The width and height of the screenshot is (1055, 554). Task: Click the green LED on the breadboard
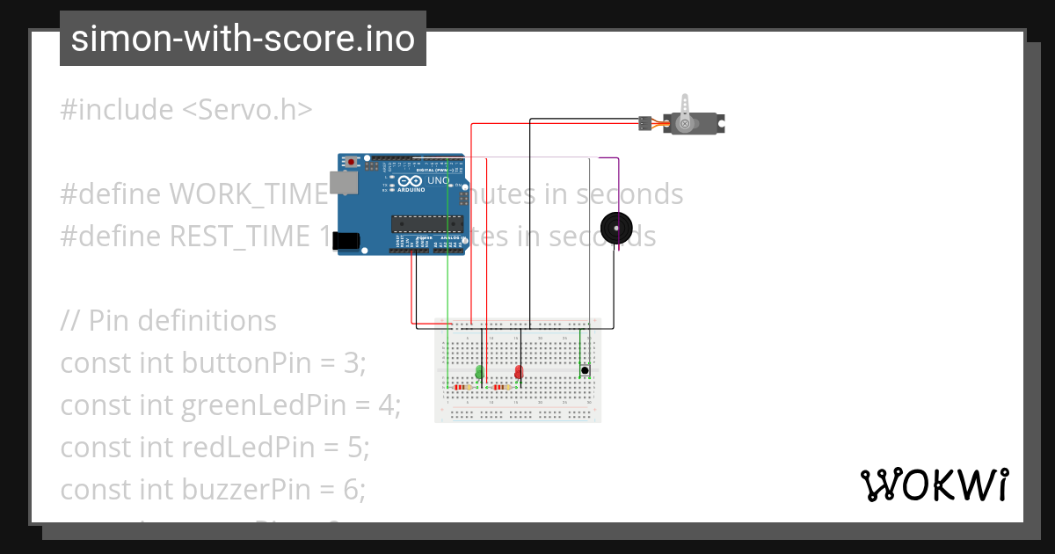(x=479, y=372)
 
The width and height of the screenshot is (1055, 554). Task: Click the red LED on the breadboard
(x=519, y=372)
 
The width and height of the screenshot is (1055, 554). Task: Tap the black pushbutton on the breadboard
(x=585, y=370)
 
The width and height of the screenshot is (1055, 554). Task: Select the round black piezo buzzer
(x=616, y=229)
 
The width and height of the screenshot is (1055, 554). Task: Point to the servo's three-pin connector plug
(x=645, y=124)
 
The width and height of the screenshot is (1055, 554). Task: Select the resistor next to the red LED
(x=501, y=387)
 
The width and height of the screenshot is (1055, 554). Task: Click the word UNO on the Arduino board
(x=439, y=181)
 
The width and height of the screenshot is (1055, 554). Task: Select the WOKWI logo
(x=933, y=485)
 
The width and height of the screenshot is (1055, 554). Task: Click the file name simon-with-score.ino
(x=243, y=39)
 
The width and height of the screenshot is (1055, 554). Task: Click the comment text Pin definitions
(x=182, y=321)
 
